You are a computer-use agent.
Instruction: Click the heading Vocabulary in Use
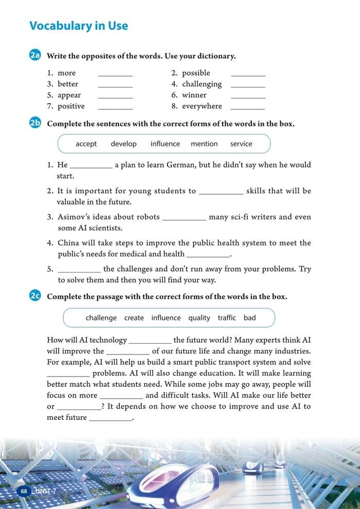click(x=79, y=26)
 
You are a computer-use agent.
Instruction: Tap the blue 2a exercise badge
click(x=36, y=56)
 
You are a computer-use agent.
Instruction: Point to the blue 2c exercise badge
click(x=36, y=296)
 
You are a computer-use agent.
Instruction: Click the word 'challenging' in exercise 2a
click(x=202, y=84)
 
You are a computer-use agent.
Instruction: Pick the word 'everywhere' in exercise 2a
click(x=202, y=106)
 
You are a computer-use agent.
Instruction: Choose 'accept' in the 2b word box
click(x=86, y=144)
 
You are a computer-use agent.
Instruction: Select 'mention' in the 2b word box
click(x=204, y=144)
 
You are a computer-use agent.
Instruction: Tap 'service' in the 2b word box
click(x=241, y=144)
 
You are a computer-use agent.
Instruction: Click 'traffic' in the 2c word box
click(x=227, y=318)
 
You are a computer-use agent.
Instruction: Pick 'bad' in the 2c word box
click(x=250, y=318)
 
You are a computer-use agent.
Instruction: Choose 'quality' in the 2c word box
click(x=199, y=318)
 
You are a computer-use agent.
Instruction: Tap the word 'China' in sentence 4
click(x=68, y=243)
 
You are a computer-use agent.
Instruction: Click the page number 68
click(x=24, y=491)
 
